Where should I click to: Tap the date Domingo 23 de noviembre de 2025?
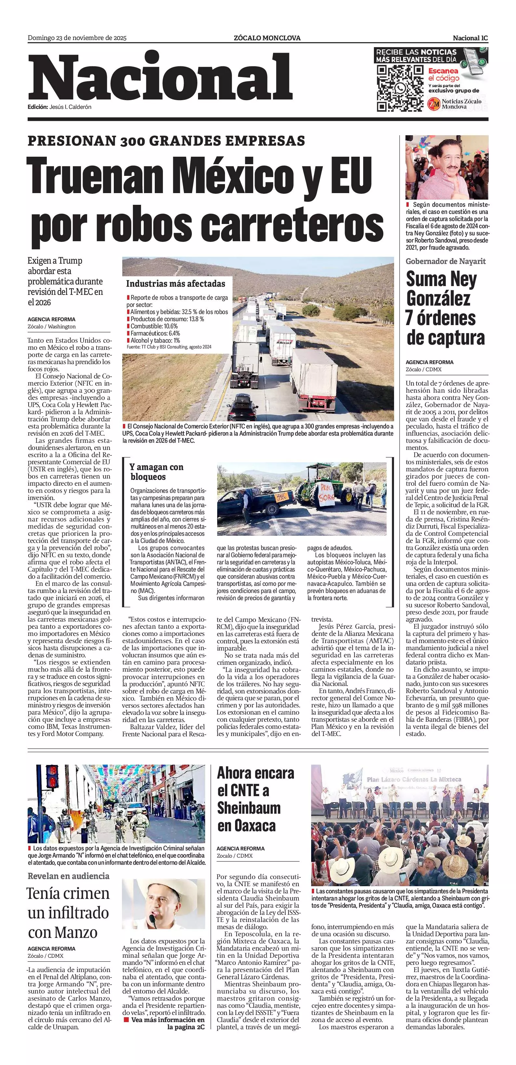point(77,38)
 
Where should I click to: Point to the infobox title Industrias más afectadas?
point(176,283)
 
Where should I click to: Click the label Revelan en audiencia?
point(69,876)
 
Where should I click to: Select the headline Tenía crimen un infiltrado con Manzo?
point(69,913)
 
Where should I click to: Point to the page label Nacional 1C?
point(470,38)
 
